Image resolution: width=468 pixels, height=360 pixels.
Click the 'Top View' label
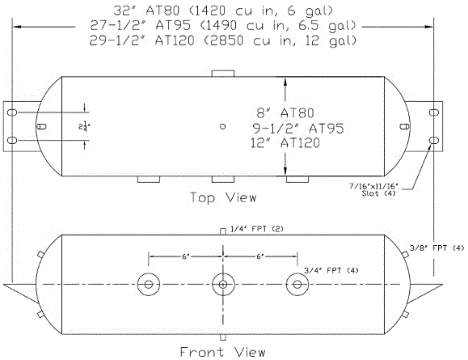tap(223, 197)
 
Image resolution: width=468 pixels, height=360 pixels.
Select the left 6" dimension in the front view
tap(185, 256)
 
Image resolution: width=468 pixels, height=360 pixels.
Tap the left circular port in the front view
tap(148, 285)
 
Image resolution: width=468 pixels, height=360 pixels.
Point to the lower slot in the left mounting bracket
tap(13, 142)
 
